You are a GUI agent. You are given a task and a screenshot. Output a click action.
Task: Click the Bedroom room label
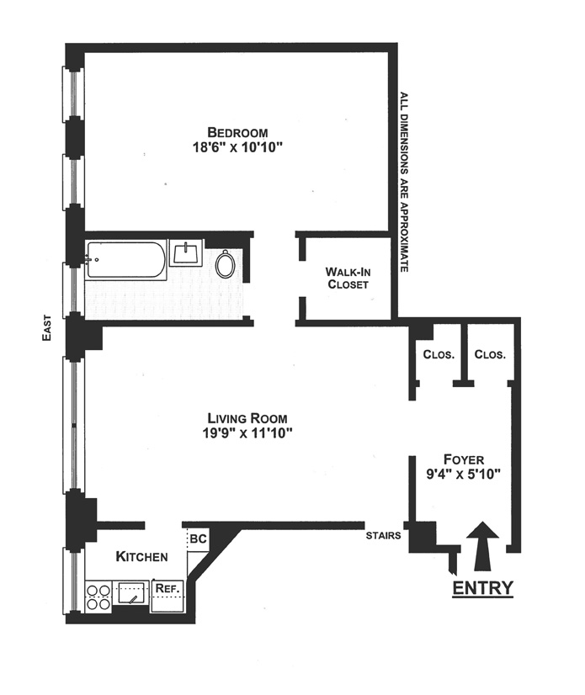click(237, 132)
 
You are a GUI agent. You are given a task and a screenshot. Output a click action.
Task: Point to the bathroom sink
click(185, 252)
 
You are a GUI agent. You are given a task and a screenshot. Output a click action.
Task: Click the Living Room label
click(248, 418)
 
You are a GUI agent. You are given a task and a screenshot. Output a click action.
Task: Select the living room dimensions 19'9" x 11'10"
click(248, 433)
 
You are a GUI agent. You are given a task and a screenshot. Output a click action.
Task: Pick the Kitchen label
click(141, 556)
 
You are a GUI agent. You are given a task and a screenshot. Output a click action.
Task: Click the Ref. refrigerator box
click(167, 588)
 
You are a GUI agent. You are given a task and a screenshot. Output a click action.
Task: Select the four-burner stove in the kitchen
click(98, 595)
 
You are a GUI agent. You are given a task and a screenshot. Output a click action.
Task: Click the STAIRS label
click(381, 534)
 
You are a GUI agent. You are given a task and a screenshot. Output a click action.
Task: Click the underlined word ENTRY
click(482, 587)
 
